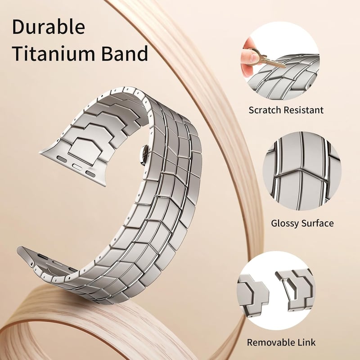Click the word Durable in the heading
(x=49, y=27)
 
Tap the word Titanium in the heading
(x=54, y=53)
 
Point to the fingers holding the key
(x=249, y=58)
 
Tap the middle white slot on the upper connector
(x=76, y=166)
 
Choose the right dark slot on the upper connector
(x=91, y=174)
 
